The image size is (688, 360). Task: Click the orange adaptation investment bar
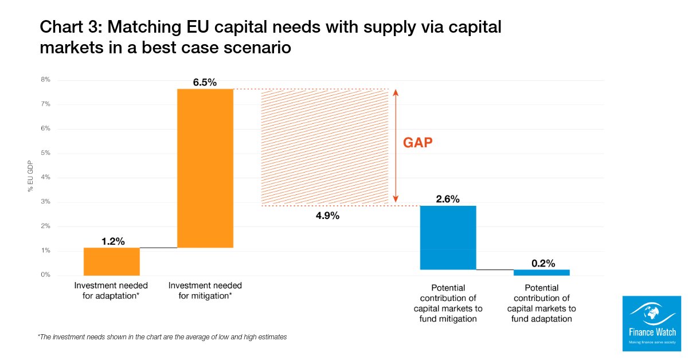(112, 261)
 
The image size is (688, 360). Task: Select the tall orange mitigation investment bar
(205, 168)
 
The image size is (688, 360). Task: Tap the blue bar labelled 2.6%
(448, 237)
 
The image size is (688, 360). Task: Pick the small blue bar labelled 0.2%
(541, 272)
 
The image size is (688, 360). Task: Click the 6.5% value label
(205, 83)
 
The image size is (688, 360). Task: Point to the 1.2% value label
(113, 241)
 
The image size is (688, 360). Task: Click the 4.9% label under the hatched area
(327, 216)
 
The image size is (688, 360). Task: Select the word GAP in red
(418, 143)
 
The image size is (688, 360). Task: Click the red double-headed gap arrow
(395, 147)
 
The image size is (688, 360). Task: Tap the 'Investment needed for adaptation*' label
(111, 291)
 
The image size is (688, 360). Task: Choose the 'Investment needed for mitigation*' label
(205, 291)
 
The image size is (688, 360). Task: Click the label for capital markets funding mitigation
(448, 303)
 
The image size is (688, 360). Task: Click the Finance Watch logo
(652, 323)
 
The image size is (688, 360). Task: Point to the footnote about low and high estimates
(162, 337)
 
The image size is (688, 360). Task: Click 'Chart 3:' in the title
(70, 27)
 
